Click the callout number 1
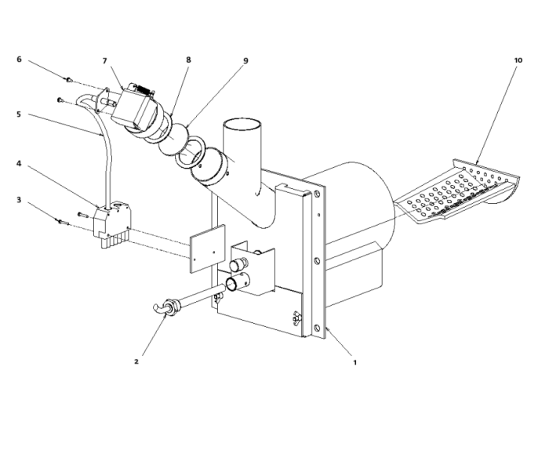click(354, 363)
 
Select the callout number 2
click(136, 361)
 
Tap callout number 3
click(19, 200)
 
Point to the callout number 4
click(19, 164)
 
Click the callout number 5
click(19, 114)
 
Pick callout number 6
click(19, 59)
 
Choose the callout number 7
click(104, 61)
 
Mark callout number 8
click(188, 60)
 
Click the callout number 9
click(245, 60)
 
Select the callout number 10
click(518, 60)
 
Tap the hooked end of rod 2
click(158, 307)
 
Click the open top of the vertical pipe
click(242, 125)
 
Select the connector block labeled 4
click(112, 220)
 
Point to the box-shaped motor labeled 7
click(135, 107)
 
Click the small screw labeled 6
click(69, 80)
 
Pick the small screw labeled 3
click(62, 222)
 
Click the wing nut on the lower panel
click(296, 317)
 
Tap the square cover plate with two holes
click(208, 249)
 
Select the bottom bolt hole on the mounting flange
click(317, 328)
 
